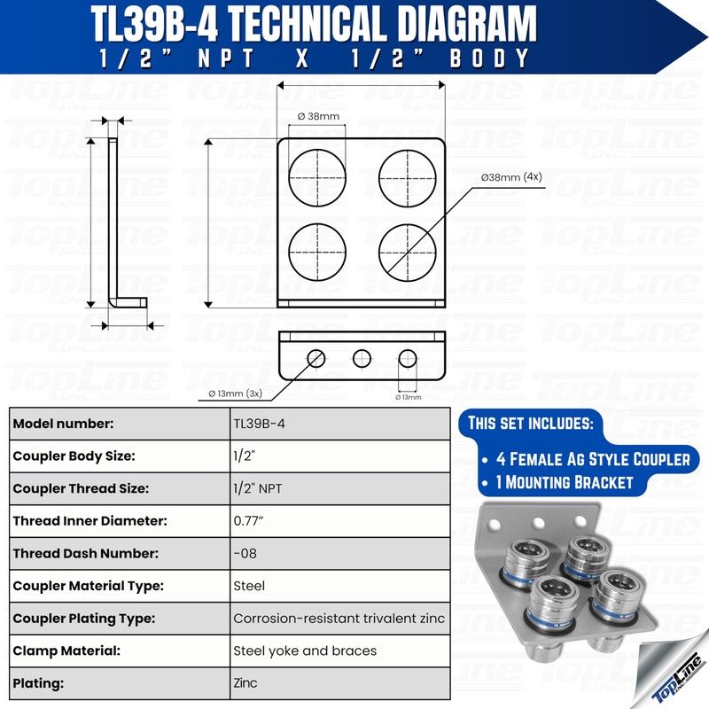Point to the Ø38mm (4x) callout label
coord(511,177)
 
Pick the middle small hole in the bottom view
coord(362,358)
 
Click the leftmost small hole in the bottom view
coord(316,358)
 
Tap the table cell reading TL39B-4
coord(260,424)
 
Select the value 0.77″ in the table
coord(253,521)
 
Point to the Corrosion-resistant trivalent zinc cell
coord(339,619)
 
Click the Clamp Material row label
coord(66,651)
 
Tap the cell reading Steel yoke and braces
coord(305,651)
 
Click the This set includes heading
coord(528,423)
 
